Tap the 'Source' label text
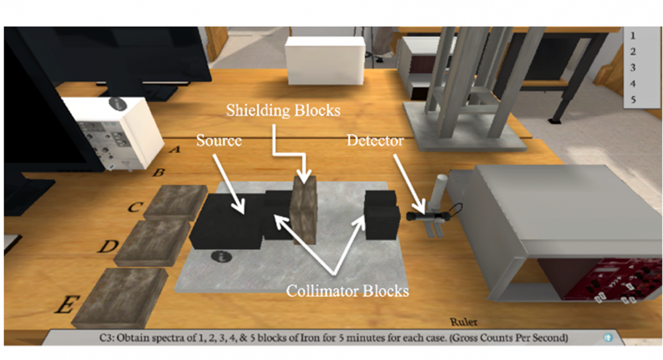pyautogui.click(x=219, y=140)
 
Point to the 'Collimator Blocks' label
pyautogui.click(x=347, y=290)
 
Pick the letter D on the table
pyautogui.click(x=108, y=246)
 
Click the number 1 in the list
pyautogui.click(x=633, y=36)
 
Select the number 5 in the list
pyautogui.click(x=633, y=99)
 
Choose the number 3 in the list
pyautogui.click(x=633, y=68)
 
